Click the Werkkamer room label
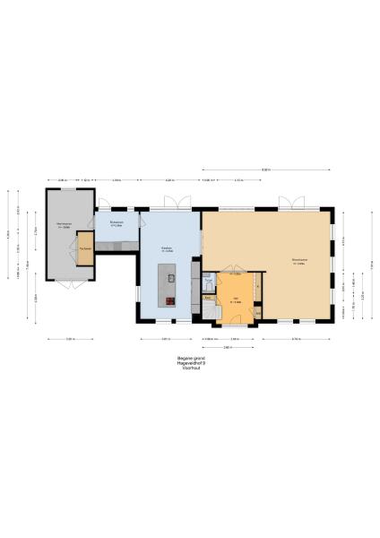point(64,224)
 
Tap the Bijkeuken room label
point(117,223)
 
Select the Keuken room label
point(167,249)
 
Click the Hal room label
point(235,299)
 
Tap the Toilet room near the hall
point(208,280)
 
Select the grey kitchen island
point(170,285)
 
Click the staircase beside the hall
point(208,308)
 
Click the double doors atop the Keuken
point(183,204)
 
